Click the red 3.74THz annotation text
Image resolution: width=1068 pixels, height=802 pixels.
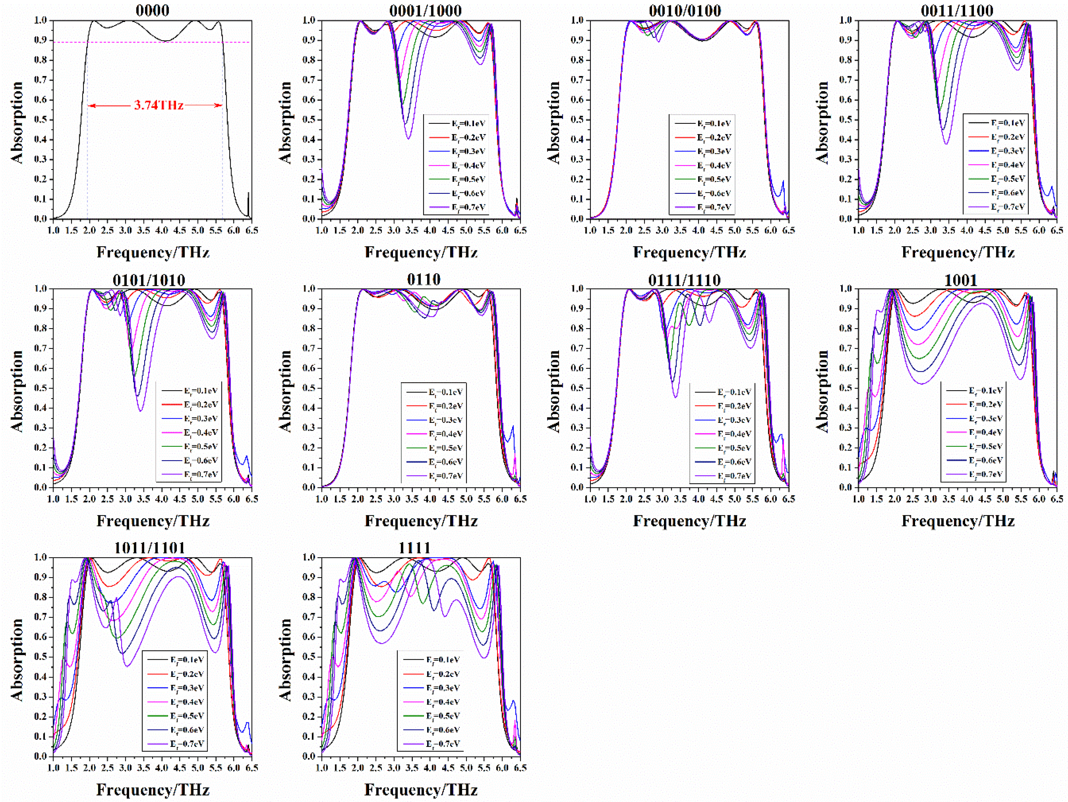click(x=158, y=105)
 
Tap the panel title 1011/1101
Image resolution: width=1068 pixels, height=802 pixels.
click(x=149, y=548)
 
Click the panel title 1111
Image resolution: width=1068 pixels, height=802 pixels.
click(x=414, y=548)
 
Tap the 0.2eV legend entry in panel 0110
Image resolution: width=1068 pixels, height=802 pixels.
click(x=445, y=406)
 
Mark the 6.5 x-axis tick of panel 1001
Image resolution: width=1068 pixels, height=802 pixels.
click(x=1056, y=499)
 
